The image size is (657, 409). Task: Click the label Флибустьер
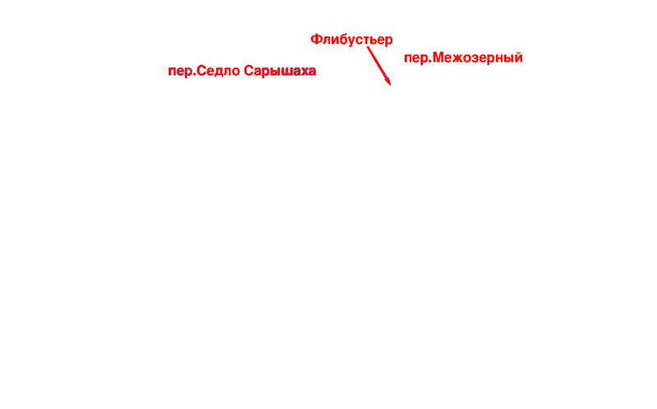(x=351, y=39)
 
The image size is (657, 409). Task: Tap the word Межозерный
(x=478, y=57)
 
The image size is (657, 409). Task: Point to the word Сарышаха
(x=280, y=71)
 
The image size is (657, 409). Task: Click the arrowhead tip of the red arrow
(x=391, y=85)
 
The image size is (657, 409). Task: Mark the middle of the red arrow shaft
(x=379, y=66)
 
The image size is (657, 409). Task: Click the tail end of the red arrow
(x=367, y=47)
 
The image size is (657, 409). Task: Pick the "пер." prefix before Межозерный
(x=418, y=58)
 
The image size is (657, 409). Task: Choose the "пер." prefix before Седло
(x=181, y=71)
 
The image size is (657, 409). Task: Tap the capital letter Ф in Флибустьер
(x=316, y=39)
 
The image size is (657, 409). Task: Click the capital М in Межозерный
(x=439, y=57)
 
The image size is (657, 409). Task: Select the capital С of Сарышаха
(x=249, y=71)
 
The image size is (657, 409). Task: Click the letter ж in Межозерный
(x=458, y=58)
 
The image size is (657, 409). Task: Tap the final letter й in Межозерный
(x=518, y=57)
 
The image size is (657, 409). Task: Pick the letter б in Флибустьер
(x=344, y=39)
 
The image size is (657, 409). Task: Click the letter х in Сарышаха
(x=303, y=72)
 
